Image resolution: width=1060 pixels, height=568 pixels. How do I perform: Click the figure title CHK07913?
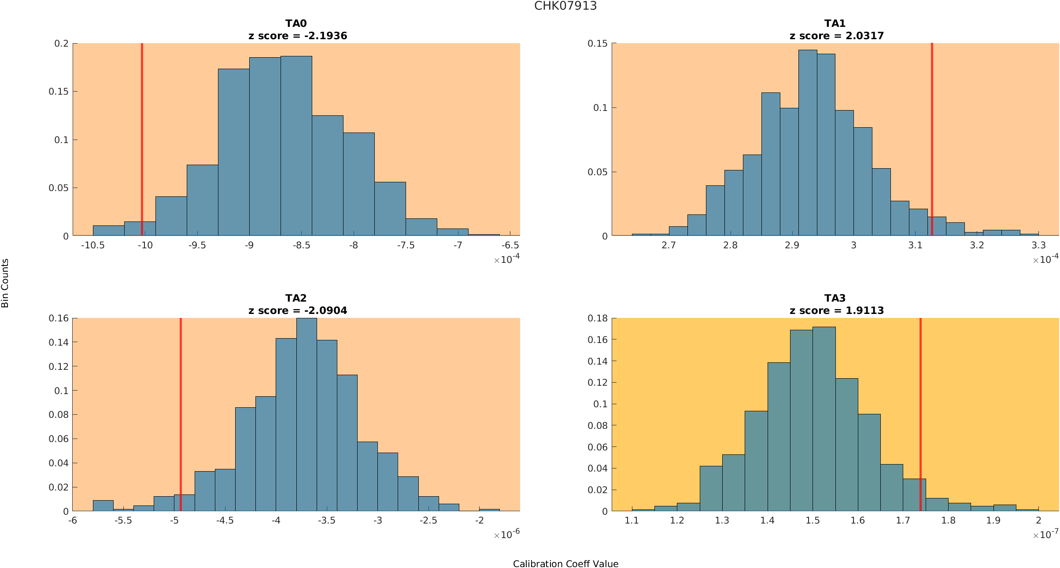coord(565,6)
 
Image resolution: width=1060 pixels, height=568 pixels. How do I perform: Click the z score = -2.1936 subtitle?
coord(298,36)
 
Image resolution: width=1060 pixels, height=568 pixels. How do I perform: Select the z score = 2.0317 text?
coord(836,36)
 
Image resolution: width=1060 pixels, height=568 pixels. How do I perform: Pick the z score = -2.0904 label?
coord(298,310)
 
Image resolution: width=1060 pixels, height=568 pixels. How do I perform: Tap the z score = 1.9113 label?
coord(836,310)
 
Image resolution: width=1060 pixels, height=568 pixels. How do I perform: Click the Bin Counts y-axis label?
coord(5,283)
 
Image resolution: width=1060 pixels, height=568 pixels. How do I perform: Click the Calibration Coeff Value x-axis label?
coord(565,564)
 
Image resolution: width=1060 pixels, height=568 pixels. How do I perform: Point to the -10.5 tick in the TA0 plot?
coord(93,245)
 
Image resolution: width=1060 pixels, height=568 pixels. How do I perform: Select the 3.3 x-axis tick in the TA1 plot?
coord(1038,245)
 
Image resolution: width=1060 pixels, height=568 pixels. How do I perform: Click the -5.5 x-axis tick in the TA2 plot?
coord(123,520)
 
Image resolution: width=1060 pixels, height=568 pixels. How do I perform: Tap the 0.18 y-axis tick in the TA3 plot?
coord(598,318)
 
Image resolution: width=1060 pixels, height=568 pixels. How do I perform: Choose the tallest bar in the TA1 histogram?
coord(808,141)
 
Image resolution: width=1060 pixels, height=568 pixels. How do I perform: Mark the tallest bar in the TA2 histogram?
coord(307,414)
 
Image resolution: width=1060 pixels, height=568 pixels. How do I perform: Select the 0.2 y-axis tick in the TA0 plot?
coord(62,43)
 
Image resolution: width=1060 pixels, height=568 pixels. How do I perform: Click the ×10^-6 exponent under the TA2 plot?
coord(506,535)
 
